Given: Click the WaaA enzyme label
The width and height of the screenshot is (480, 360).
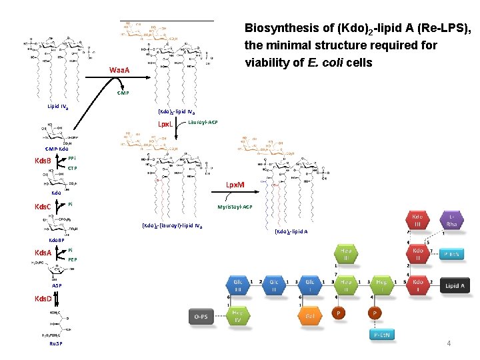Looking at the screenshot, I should click(119, 70).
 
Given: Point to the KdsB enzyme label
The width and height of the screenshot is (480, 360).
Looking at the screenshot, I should click(43, 161).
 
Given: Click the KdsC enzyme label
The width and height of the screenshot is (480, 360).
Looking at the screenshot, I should click(43, 207).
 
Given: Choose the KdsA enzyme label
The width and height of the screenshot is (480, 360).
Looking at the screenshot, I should click(43, 252).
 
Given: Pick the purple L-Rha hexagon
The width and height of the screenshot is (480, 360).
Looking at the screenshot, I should click(453, 221).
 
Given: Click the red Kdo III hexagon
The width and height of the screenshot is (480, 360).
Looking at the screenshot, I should click(419, 221).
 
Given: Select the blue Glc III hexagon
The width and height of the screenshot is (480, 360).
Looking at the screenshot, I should click(238, 285).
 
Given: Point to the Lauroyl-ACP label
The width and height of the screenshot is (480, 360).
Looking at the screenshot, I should click(203, 123).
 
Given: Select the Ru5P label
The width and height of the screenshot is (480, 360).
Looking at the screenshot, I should click(55, 343).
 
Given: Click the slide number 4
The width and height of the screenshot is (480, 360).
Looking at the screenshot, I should click(449, 343).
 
